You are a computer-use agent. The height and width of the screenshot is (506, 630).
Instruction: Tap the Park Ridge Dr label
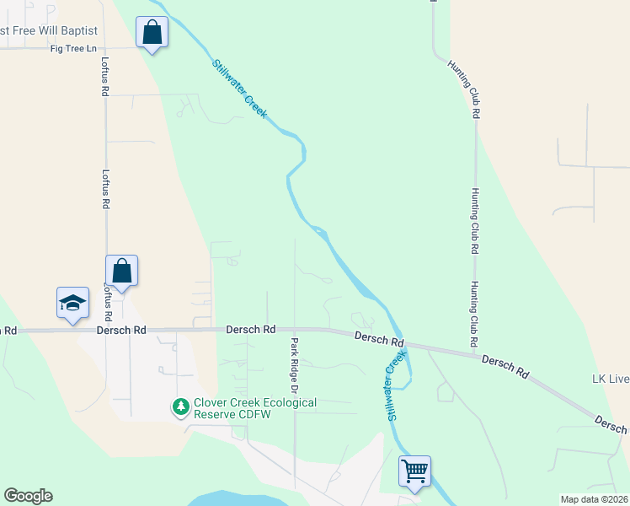coord(295,366)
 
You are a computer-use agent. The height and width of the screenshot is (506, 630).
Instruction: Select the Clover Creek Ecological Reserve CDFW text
coord(255,408)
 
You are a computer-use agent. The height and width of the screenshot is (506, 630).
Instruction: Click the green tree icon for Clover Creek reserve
coord(180,407)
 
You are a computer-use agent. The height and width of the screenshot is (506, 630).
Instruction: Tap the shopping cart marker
coord(415,471)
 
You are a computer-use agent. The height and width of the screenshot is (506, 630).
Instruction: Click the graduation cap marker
coord(72,303)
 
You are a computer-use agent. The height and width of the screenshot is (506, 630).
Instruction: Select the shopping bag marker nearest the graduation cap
coord(121,271)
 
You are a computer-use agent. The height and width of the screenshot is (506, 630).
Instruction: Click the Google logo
coord(28,496)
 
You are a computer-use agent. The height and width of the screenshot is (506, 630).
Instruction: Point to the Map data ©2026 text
coord(594,499)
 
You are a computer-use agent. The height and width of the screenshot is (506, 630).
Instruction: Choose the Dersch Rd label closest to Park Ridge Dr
coord(251,329)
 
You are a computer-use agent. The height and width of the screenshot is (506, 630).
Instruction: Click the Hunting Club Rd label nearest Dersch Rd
coord(474,314)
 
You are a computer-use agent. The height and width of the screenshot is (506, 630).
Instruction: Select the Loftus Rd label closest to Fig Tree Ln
coord(105,76)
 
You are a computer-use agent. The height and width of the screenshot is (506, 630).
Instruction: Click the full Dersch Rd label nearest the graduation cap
coord(122,330)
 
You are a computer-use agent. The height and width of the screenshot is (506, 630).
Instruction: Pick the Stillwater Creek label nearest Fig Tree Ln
coord(239,88)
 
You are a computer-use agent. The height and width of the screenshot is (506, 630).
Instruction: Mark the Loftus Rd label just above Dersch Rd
coord(108,299)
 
